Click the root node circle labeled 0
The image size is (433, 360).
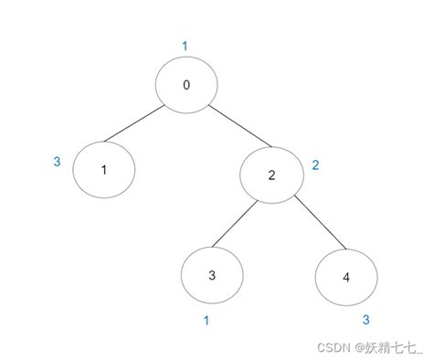click(x=186, y=86)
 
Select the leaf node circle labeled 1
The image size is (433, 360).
click(x=103, y=169)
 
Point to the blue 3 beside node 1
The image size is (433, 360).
click(x=58, y=163)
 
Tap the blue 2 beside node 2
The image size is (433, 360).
click(x=316, y=165)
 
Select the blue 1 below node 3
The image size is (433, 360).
click(x=207, y=321)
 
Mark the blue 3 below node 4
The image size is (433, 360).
click(x=365, y=320)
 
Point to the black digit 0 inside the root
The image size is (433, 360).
click(x=186, y=86)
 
